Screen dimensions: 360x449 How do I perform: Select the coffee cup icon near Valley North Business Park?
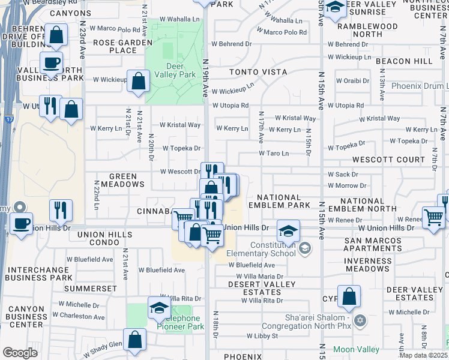pyautogui.click(x=52, y=62)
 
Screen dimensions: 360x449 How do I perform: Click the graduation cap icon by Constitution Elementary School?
pyautogui.click(x=288, y=230)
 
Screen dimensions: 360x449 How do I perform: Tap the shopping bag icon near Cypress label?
pyautogui.click(x=349, y=296)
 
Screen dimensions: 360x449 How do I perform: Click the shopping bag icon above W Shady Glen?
pyautogui.click(x=135, y=339)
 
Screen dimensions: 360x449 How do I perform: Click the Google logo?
pyautogui.click(x=20, y=352)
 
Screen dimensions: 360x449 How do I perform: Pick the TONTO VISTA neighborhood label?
pyautogui.click(x=258, y=72)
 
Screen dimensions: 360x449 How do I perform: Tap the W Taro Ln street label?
pyautogui.click(x=274, y=154)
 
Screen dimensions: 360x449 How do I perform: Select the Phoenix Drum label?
pyautogui.click(x=419, y=86)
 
